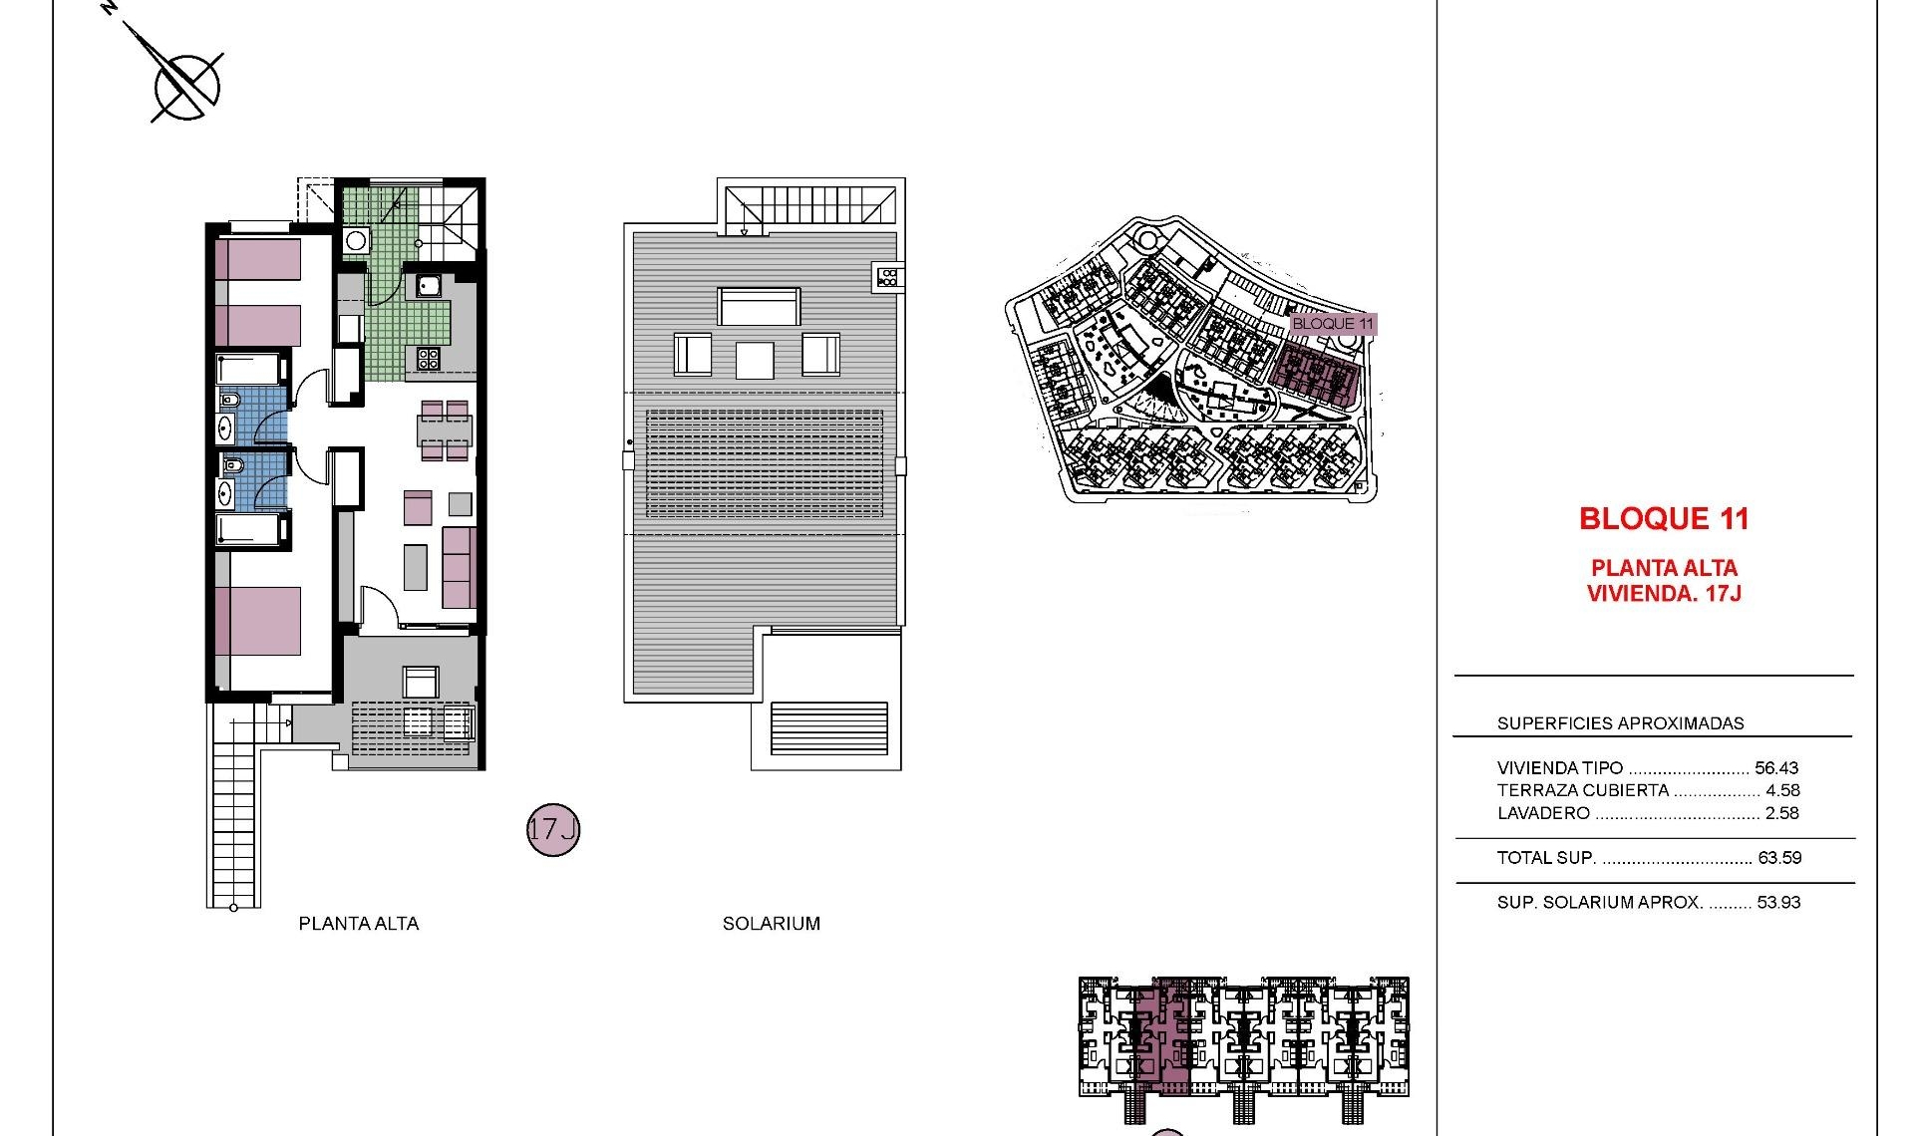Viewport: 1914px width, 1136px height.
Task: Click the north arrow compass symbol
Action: click(186, 83)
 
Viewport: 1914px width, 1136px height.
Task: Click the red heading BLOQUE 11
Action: click(1664, 519)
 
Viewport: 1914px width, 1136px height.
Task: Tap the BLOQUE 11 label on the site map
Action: click(1332, 324)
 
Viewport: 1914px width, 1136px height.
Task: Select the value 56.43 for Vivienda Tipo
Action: click(1776, 768)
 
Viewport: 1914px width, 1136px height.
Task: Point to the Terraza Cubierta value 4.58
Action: click(1782, 791)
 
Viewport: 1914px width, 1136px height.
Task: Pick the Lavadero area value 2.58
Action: click(1782, 813)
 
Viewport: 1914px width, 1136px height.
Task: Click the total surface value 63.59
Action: click(1779, 858)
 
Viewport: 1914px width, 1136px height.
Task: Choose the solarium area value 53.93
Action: click(1779, 903)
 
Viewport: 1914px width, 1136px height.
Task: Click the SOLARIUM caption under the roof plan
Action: click(772, 924)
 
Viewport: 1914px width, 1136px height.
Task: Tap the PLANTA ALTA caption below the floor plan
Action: click(359, 924)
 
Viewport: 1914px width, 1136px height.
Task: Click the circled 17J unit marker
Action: click(553, 829)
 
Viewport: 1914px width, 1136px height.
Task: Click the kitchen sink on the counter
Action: click(430, 286)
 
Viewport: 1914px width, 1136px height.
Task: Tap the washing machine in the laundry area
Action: click(356, 241)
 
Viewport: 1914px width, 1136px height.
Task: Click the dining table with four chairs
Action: click(445, 430)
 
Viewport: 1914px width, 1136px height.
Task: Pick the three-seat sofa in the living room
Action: click(459, 568)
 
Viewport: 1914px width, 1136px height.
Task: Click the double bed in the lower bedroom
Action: click(258, 620)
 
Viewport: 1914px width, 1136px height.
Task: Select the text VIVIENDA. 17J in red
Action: click(1664, 594)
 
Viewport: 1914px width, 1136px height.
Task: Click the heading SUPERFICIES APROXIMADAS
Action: click(1620, 723)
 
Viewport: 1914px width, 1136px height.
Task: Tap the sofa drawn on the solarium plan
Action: click(760, 306)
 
